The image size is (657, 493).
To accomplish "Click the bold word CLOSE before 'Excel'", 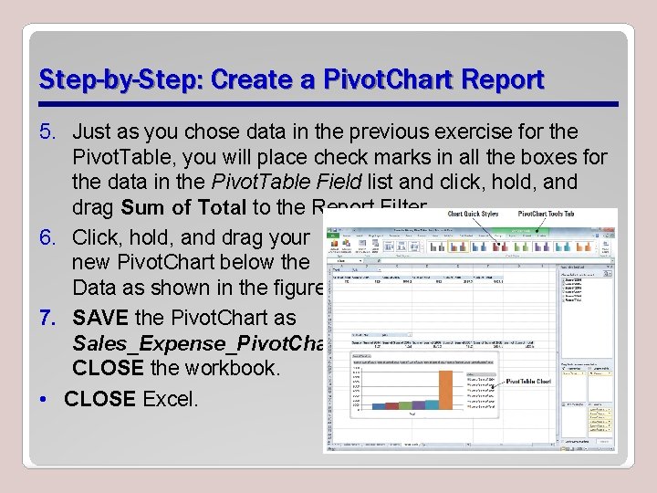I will click(x=99, y=399).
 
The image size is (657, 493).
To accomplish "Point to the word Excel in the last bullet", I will click(x=170, y=399).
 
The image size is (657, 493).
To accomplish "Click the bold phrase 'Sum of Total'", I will click(x=182, y=207).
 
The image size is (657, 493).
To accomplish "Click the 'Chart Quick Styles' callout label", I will click(x=473, y=215).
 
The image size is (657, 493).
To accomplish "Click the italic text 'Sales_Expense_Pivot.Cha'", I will click(x=196, y=343).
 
